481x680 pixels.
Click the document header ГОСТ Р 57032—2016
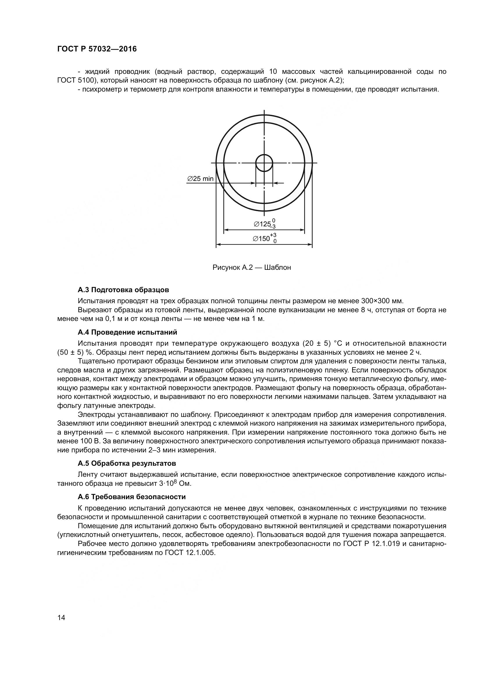[97, 49]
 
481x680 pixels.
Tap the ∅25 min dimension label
[200, 179]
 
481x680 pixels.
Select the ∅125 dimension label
[262, 224]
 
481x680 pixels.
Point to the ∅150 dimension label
[262, 238]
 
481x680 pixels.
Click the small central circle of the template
[264, 163]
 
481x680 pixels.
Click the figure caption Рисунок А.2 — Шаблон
[252, 267]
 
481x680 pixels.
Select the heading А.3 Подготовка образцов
[124, 290]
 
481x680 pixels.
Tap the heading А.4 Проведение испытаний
[127, 332]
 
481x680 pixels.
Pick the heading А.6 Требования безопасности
[132, 497]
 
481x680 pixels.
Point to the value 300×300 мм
[382, 301]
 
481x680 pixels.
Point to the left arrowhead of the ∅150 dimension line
[218, 244]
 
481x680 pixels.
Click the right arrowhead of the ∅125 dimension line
[303, 230]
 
